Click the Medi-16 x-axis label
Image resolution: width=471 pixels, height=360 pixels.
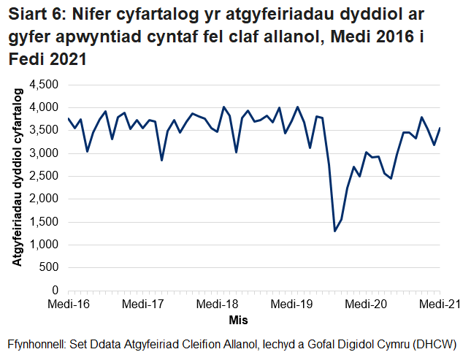68,305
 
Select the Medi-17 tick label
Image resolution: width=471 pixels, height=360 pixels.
142,305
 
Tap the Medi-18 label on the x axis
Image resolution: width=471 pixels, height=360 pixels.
217,305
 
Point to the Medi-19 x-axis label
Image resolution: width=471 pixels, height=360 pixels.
291,305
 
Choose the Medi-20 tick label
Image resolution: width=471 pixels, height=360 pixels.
366,305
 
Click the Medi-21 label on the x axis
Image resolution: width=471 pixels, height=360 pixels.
439,305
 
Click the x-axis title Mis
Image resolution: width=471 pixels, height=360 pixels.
238,320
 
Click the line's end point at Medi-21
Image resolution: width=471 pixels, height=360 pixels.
440,128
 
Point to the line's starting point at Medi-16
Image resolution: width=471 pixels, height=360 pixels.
68,118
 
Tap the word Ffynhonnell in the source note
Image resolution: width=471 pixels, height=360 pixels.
34,344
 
